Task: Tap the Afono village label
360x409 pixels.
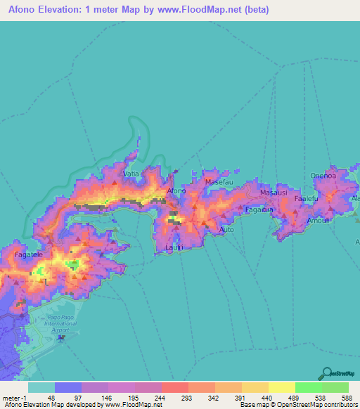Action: click(x=176, y=190)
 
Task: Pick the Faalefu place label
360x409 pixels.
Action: click(x=307, y=199)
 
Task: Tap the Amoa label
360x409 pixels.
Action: click(x=315, y=220)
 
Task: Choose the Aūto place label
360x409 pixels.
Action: click(x=226, y=230)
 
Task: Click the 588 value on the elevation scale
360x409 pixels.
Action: click(x=345, y=397)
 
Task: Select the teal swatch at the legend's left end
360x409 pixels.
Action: click(x=41, y=387)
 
